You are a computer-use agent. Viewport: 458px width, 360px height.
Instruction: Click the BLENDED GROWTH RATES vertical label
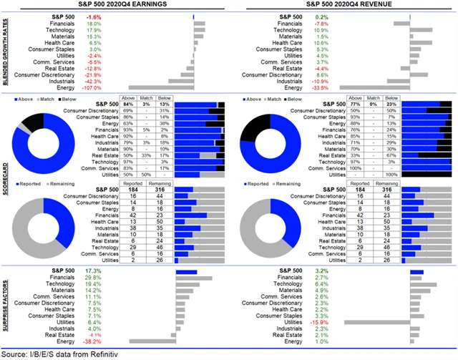pyautogui.click(x=5, y=54)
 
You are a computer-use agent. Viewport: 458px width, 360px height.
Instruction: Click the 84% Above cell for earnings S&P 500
pyautogui.click(x=129, y=104)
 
